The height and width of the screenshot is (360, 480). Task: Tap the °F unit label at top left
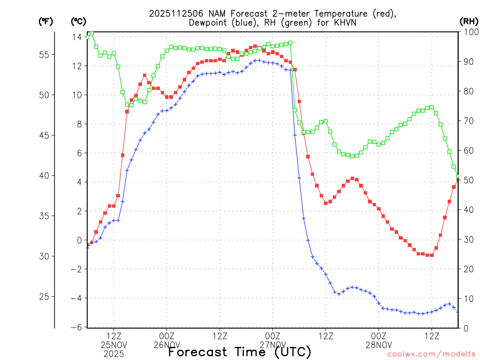click(x=45, y=22)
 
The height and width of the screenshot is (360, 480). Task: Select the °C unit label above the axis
click(x=78, y=22)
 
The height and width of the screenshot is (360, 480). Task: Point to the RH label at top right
click(x=469, y=22)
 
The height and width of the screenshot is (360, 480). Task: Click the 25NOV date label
click(x=114, y=345)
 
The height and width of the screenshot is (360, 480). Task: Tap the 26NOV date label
click(x=167, y=345)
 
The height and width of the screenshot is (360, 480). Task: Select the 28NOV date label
click(x=379, y=345)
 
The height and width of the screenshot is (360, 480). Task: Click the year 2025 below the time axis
click(x=114, y=354)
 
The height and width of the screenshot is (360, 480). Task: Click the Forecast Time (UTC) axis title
click(x=240, y=352)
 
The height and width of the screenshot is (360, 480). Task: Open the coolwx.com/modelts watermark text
click(x=431, y=355)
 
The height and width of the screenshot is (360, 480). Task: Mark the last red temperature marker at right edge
click(x=458, y=180)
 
